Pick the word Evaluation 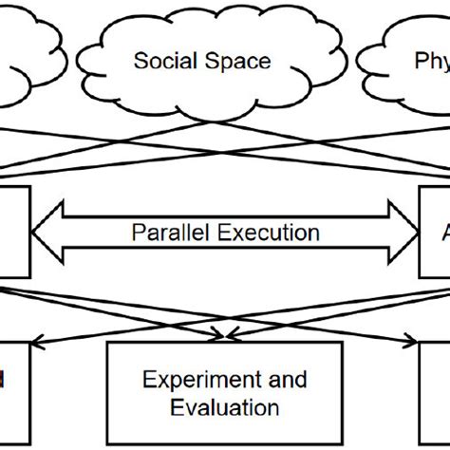click(x=225, y=408)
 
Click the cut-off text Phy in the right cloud click(x=430, y=62)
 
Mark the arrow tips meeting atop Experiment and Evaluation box click(x=225, y=333)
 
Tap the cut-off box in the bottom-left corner click(x=13, y=389)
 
